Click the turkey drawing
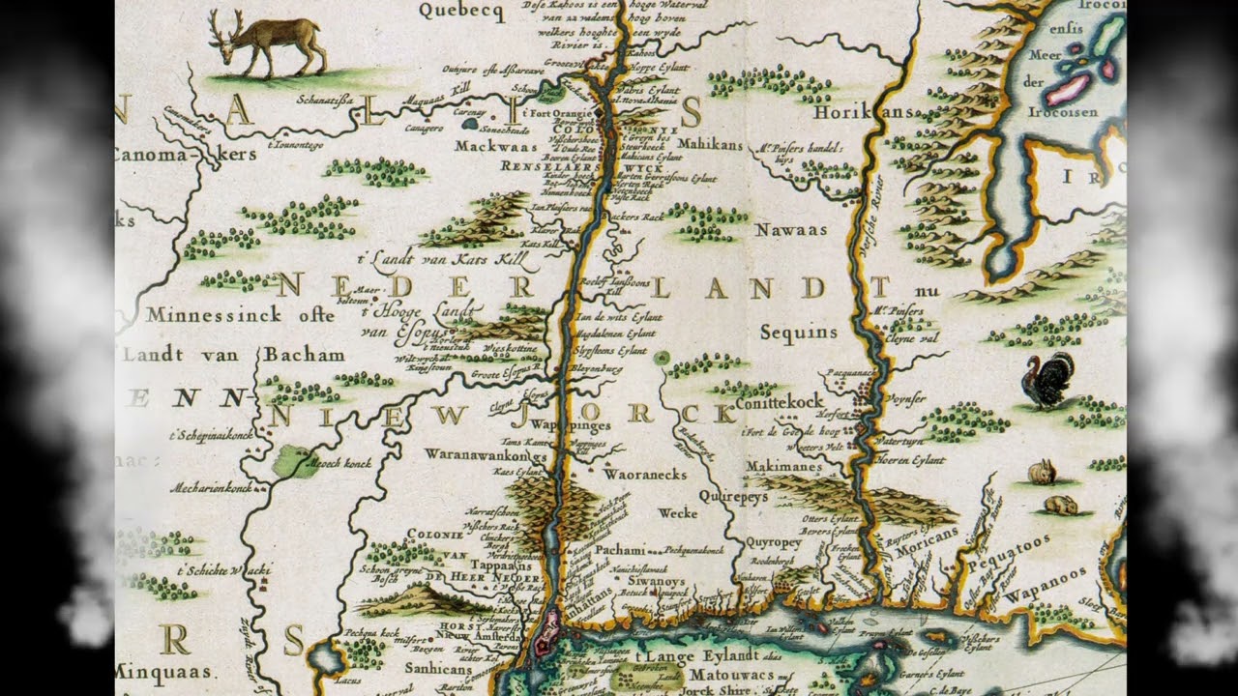(x=1048, y=380)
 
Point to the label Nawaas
(x=791, y=230)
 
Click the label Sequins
(x=798, y=333)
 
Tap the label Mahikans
(x=710, y=144)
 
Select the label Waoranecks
(x=644, y=475)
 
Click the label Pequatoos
(x=1037, y=551)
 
